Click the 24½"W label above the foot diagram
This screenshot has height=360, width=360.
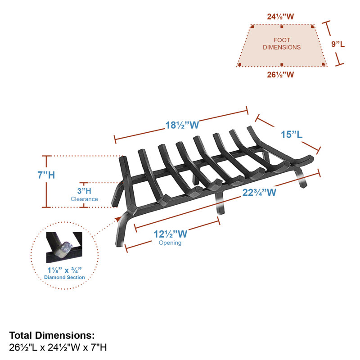click(280, 17)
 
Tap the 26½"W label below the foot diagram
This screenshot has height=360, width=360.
click(280, 75)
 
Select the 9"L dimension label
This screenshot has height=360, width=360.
click(338, 44)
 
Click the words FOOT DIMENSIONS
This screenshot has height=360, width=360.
click(282, 44)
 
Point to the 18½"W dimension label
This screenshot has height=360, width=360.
click(182, 126)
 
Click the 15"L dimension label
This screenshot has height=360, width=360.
click(292, 135)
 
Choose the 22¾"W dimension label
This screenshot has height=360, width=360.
click(259, 193)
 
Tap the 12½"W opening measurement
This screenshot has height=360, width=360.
click(171, 234)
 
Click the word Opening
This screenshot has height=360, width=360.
click(170, 243)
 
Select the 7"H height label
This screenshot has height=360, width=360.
click(46, 175)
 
